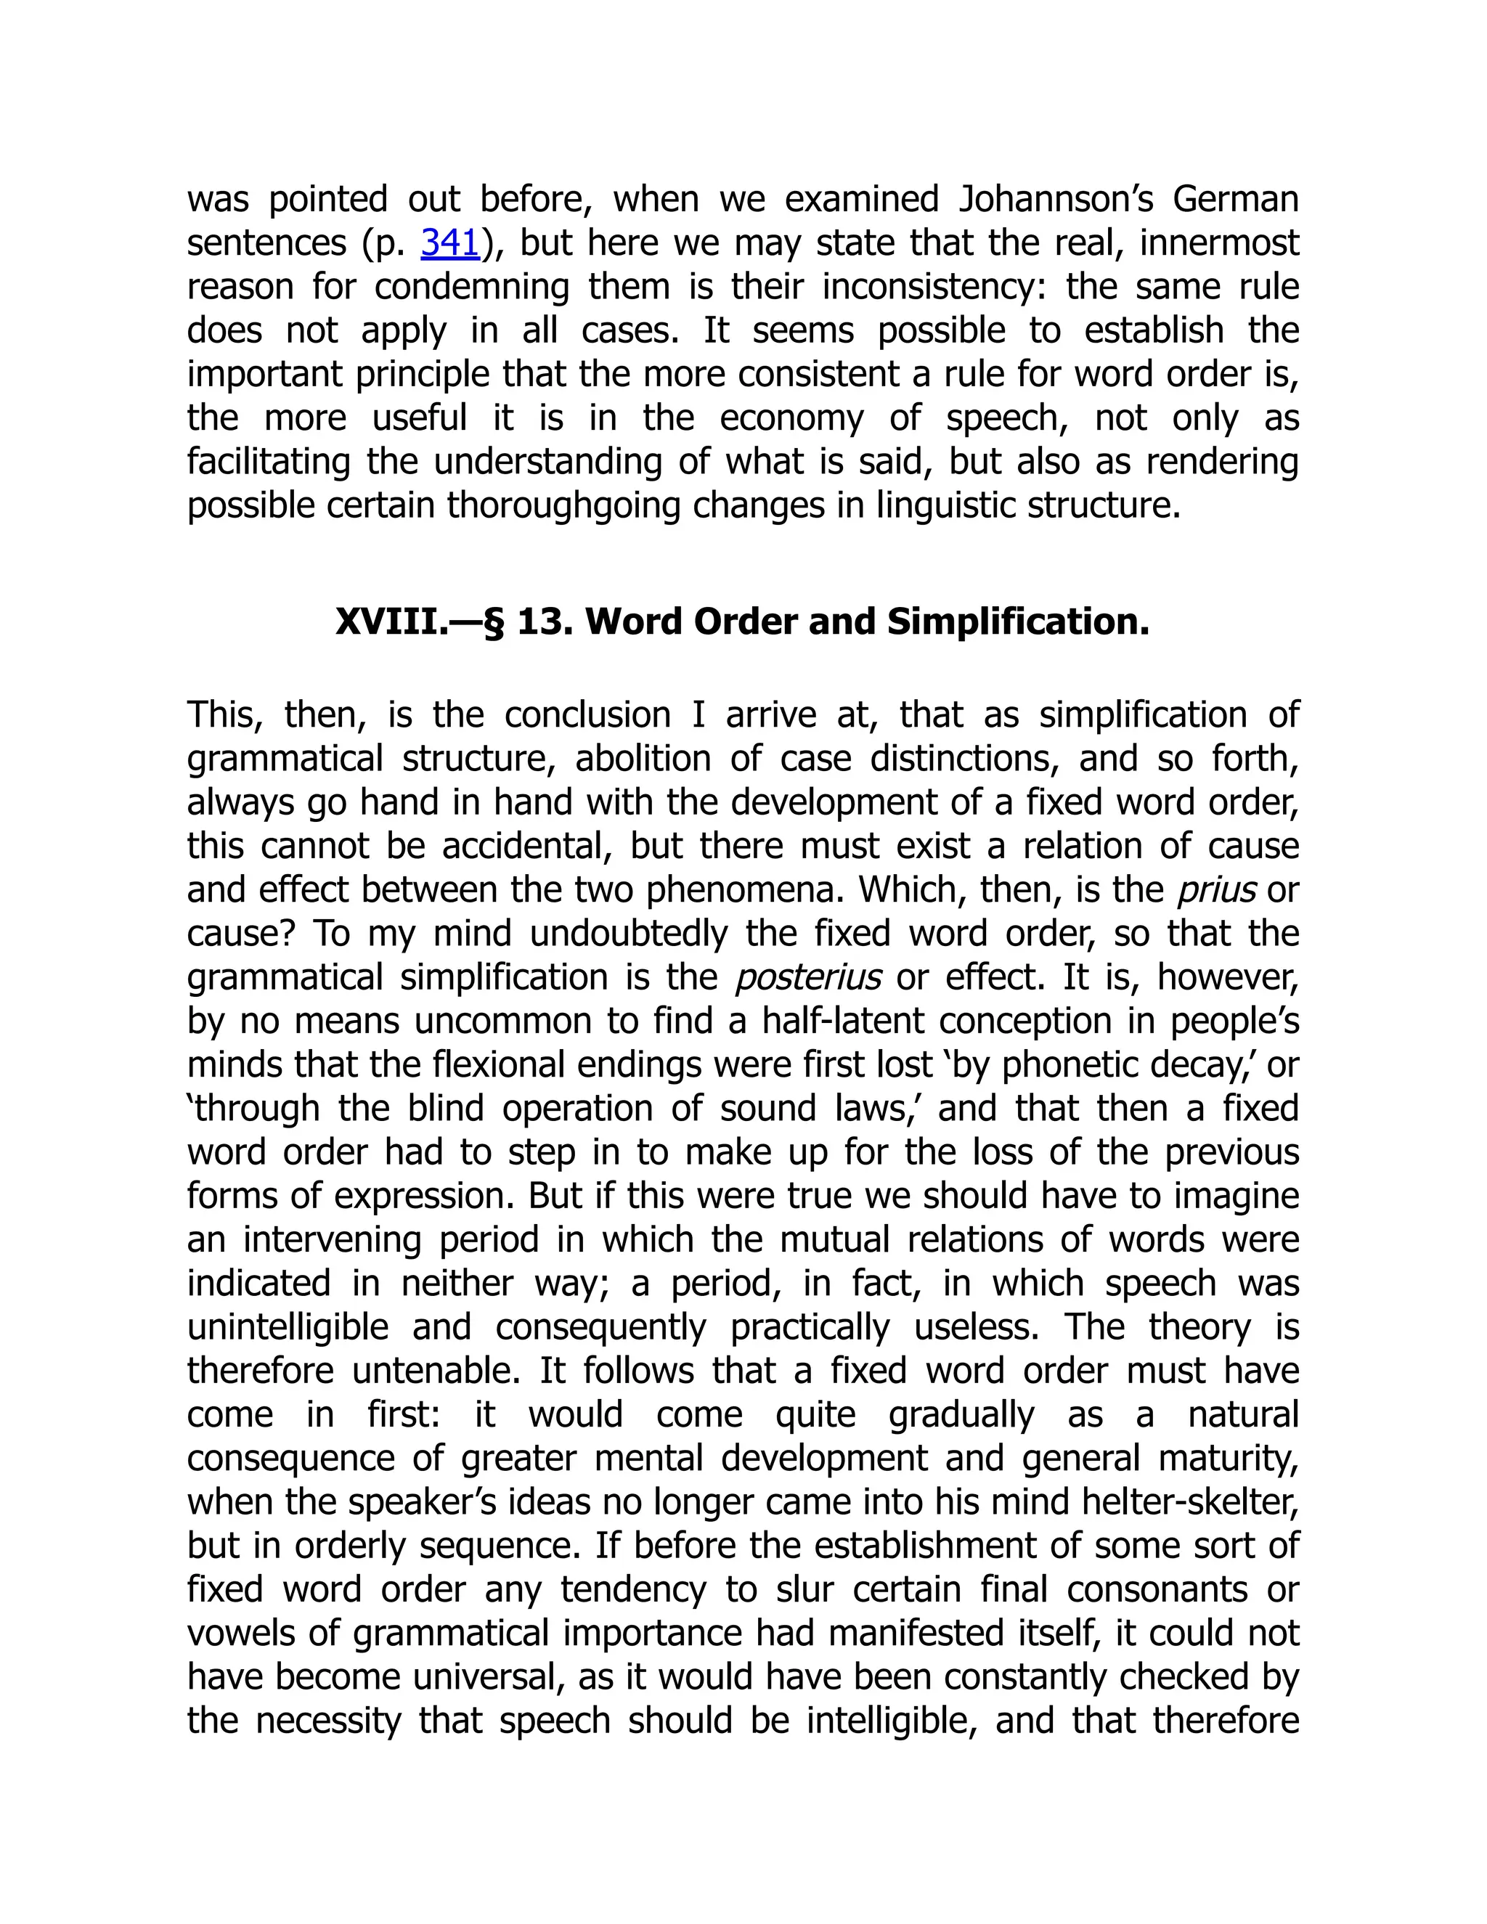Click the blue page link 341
[x=449, y=243]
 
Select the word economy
[x=791, y=417]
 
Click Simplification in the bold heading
[x=1017, y=622]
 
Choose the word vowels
[x=237, y=1634]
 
